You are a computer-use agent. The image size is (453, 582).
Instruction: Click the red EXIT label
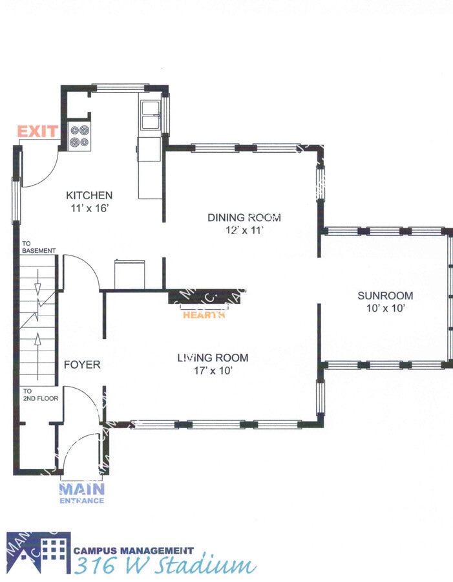point(37,132)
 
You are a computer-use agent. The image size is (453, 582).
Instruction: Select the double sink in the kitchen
point(151,116)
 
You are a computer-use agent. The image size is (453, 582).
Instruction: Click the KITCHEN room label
point(90,195)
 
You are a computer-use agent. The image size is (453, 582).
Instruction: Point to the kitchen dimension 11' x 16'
point(90,208)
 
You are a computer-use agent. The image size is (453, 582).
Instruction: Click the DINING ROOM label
point(244,217)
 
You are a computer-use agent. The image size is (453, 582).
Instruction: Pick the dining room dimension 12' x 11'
point(244,230)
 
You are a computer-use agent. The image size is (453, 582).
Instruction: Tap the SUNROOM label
point(385,296)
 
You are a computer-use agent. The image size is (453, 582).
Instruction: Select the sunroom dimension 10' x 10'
point(385,308)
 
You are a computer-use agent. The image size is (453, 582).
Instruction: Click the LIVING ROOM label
point(213,358)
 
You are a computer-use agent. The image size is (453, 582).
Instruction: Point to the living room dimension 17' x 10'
point(213,371)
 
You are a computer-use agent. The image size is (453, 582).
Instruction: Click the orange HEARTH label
point(204,316)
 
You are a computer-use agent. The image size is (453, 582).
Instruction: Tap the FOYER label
point(82,365)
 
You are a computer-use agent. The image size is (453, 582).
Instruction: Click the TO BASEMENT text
point(39,247)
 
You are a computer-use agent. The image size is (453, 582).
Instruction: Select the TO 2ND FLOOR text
point(41,394)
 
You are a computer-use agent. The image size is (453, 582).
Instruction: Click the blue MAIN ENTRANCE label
point(82,493)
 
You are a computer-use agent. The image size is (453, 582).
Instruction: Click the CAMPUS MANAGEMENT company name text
point(133,550)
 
